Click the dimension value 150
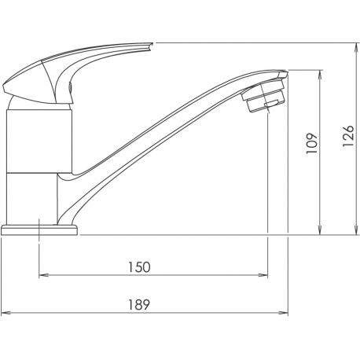click(x=139, y=267)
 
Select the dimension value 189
click(x=139, y=304)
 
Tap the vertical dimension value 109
click(x=312, y=144)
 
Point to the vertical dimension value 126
click(x=348, y=136)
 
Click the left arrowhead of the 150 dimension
click(x=44, y=275)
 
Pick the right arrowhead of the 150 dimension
click(x=263, y=275)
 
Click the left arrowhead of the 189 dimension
click(x=6, y=313)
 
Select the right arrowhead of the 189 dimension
click(x=283, y=313)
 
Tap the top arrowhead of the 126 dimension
click(x=356, y=48)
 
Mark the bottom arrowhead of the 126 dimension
click(x=356, y=230)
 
